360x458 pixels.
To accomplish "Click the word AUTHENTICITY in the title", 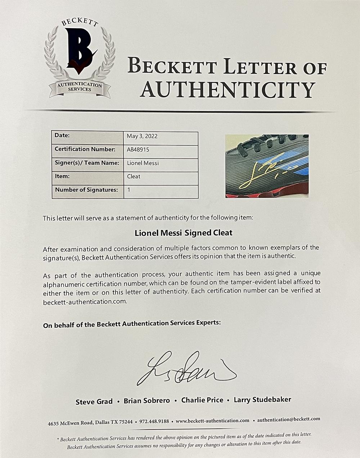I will [228, 89].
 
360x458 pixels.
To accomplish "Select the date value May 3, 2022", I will [142, 136].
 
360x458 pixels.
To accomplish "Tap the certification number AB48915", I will [138, 150].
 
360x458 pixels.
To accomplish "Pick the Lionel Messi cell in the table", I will [143, 163].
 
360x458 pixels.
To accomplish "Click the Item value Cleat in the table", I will [134, 177].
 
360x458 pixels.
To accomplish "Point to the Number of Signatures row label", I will [86, 190].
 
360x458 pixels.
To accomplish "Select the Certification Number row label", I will [85, 149].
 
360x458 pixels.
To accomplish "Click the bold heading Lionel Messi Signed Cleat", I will [184, 233].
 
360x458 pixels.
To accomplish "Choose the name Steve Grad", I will [94, 401].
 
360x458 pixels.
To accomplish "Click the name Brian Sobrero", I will [147, 401].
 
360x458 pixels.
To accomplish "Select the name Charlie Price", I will [202, 400].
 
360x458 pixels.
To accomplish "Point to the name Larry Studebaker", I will [262, 399].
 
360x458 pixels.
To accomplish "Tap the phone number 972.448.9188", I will [154, 421].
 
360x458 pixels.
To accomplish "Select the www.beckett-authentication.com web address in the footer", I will [212, 420].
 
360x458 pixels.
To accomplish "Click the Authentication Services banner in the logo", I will [80, 87].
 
